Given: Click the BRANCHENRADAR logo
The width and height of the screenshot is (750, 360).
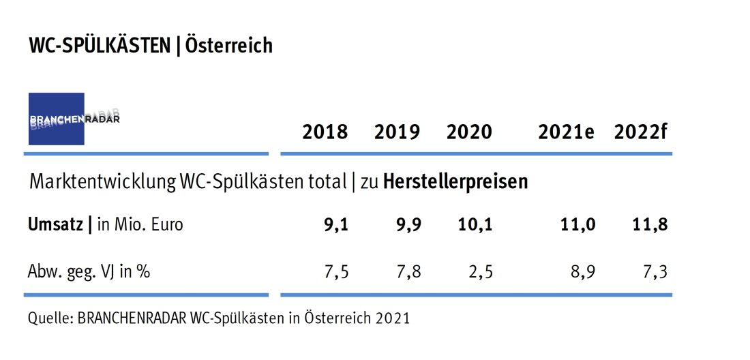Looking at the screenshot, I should click(56, 119).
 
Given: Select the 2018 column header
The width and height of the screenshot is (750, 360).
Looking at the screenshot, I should click(325, 132).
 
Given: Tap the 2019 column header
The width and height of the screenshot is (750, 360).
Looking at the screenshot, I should click(397, 132).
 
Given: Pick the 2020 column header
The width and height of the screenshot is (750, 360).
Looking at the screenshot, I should click(469, 132).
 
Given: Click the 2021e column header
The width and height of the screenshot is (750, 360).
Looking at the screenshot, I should click(566, 132).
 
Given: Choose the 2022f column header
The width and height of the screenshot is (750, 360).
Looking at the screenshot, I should click(640, 132).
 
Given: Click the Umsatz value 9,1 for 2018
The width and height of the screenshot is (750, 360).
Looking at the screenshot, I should click(335, 224).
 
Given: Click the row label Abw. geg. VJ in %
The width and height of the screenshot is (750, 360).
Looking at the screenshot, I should click(89, 271).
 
